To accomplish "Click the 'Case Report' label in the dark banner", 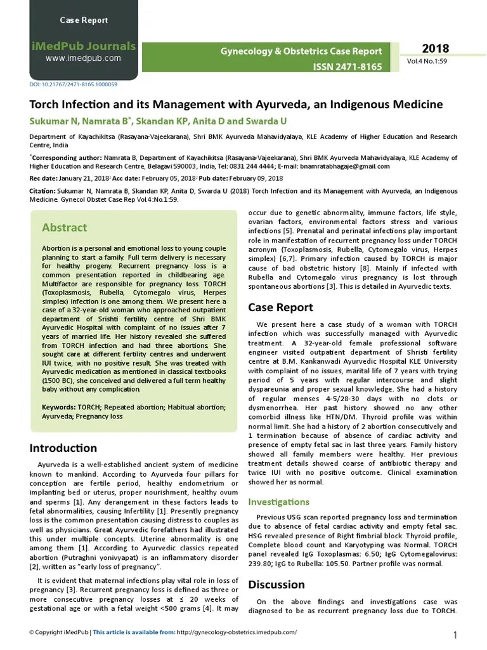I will (84, 21).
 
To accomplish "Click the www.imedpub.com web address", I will (83, 58).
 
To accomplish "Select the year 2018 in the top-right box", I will (435, 49).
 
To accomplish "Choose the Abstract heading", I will (65, 227).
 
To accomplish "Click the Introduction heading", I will (63, 448).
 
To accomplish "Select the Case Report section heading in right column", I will (280, 307).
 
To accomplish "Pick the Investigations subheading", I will (279, 501).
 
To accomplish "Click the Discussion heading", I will (276, 584).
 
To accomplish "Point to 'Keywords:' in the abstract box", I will (58, 406).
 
